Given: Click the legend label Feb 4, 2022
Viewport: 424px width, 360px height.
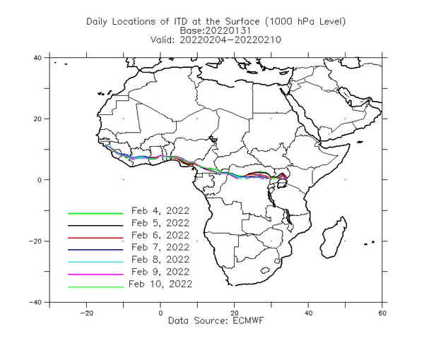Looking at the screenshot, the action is [160, 210].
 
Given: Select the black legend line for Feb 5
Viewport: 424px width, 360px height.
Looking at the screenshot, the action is [95, 225].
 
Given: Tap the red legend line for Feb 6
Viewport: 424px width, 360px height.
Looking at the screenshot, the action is [95, 238].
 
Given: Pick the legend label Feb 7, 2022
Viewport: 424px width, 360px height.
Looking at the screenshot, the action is [160, 247].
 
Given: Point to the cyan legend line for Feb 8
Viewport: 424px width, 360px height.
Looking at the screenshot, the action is [95, 262].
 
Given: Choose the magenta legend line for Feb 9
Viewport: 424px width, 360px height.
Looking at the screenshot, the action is [95, 275].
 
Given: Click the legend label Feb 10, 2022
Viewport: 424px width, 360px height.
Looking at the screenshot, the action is [160, 284].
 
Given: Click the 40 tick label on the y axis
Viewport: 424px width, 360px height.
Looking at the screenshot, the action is [37, 58].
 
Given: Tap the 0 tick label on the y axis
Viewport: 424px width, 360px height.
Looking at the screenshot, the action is [39, 180].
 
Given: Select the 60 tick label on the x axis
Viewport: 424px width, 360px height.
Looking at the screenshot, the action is [382, 313].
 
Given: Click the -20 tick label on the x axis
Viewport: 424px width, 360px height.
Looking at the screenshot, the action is [86, 313].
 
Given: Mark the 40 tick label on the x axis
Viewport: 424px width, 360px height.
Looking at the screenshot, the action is [308, 313].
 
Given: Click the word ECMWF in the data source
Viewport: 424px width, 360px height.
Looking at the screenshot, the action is [248, 320].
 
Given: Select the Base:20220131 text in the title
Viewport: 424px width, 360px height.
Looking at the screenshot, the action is [216, 30].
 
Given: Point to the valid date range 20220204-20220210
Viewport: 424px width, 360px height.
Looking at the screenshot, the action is [230, 40].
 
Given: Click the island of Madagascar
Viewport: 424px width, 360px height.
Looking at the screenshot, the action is [334, 238].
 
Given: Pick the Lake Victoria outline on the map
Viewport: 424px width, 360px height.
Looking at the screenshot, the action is [282, 184].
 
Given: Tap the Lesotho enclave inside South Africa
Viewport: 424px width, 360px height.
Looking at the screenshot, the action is [264, 270].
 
